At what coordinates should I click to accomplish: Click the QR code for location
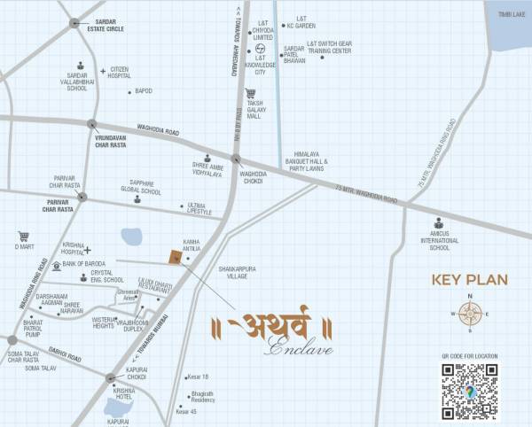(469, 391)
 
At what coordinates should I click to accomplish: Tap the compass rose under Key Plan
(470, 312)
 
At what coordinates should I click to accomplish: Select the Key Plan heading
(469, 280)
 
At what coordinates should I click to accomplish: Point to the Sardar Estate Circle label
(103, 26)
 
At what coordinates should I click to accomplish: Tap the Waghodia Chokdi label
(254, 177)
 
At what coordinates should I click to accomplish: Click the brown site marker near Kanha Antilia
(175, 257)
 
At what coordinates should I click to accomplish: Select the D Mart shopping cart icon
(23, 237)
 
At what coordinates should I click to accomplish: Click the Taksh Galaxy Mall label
(254, 110)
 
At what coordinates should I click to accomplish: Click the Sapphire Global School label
(141, 188)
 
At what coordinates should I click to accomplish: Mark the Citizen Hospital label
(120, 73)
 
